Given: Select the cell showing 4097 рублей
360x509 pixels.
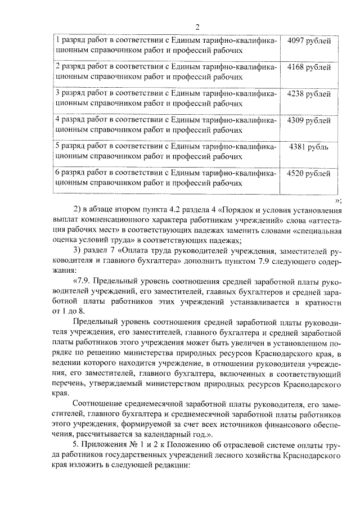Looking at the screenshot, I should (x=309, y=41).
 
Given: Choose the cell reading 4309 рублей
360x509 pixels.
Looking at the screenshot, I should (x=309, y=120).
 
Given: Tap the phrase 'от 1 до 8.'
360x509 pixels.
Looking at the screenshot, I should (x=70, y=312).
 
